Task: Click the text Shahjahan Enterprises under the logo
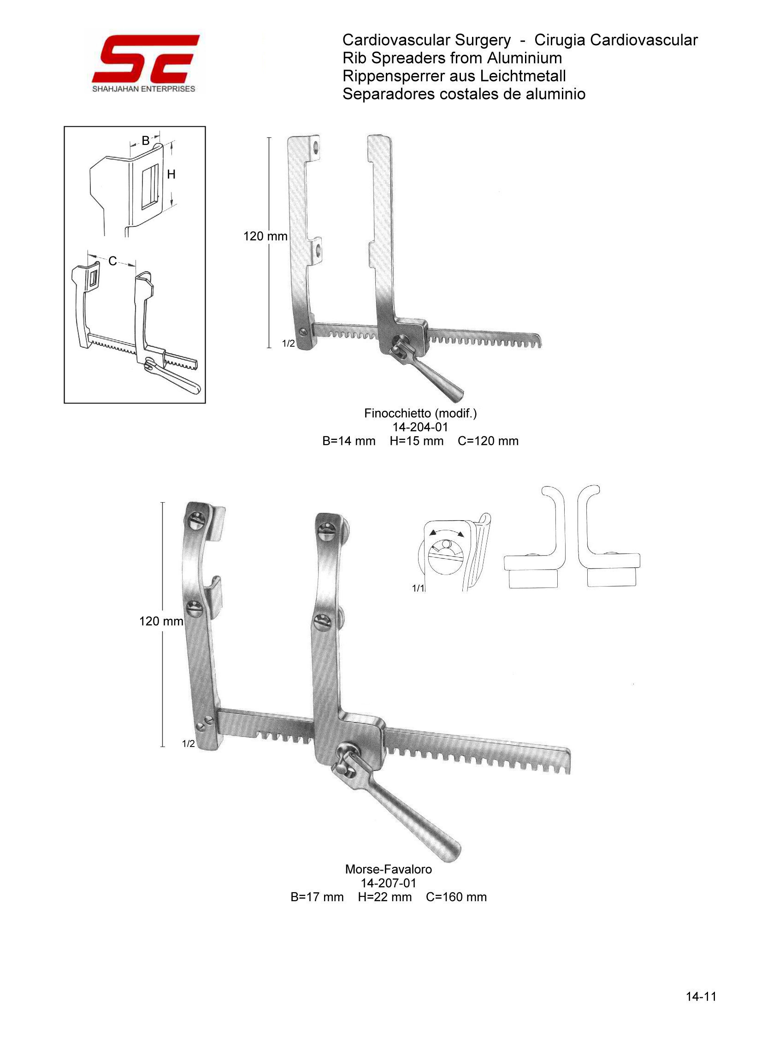[143, 89]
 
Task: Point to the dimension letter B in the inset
[146, 141]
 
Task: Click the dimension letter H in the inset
[171, 174]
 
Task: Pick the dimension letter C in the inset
[112, 261]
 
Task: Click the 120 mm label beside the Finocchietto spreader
[265, 236]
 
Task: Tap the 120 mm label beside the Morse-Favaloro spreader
[161, 621]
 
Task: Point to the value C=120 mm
[488, 441]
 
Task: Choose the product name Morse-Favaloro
[389, 869]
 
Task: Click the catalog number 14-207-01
[389, 883]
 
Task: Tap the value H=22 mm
[385, 897]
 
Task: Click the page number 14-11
[701, 1006]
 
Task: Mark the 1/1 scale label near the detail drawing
[418, 588]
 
